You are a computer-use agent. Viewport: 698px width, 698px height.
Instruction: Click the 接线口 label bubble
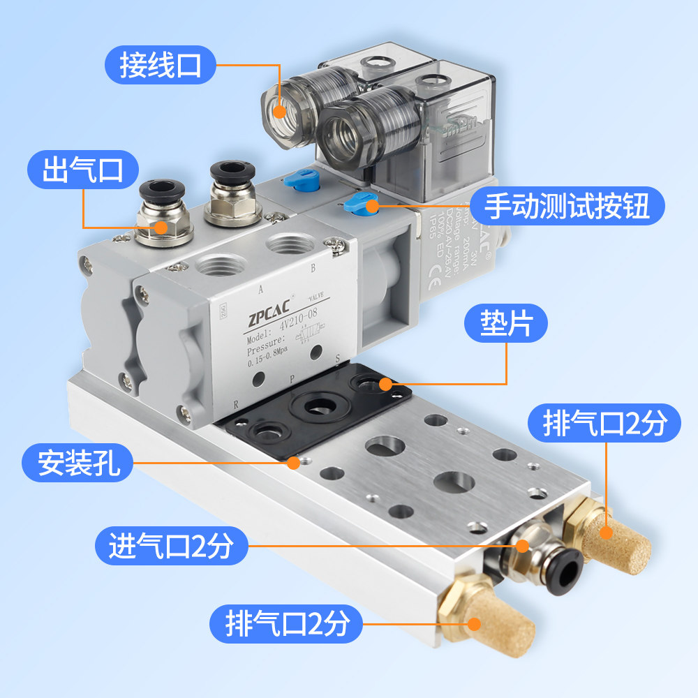point(160,66)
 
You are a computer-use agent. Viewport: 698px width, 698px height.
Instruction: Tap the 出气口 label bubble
point(83,170)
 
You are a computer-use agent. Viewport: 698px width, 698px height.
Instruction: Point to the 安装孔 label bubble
point(76,463)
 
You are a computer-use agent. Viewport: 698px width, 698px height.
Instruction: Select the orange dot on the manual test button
point(373,206)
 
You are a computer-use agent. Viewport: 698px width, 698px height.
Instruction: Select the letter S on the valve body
point(338,359)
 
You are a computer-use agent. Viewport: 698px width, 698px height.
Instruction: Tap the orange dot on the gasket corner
point(384,383)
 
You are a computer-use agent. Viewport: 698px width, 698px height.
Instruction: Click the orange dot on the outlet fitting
point(161,227)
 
